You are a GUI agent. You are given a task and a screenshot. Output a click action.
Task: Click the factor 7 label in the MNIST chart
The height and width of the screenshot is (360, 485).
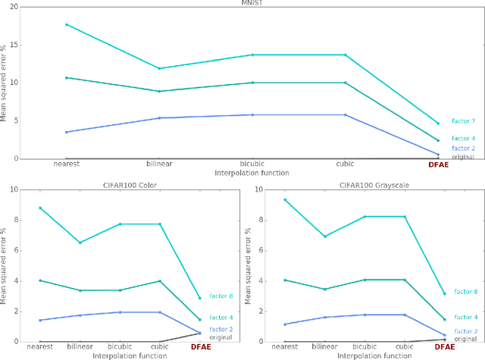pos(462,121)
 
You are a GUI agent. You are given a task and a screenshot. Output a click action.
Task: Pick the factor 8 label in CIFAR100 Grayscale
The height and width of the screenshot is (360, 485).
pos(465,292)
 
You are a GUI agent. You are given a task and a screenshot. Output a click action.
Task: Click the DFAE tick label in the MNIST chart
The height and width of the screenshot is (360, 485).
pos(438,164)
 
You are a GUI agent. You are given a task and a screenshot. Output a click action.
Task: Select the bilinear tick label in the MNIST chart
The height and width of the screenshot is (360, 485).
pos(158,164)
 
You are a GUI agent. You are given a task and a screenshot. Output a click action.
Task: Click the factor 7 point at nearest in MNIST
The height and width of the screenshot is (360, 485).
pos(66,24)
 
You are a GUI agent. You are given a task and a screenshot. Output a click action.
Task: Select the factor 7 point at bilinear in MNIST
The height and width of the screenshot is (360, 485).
pos(158,68)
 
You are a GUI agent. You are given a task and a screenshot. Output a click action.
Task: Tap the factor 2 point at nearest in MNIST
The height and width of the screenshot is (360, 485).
pos(66,132)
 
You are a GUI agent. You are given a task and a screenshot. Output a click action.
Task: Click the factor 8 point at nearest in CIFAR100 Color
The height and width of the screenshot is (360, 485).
pos(41,208)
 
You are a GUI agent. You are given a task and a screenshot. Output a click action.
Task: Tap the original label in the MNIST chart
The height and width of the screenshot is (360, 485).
pos(463,157)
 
